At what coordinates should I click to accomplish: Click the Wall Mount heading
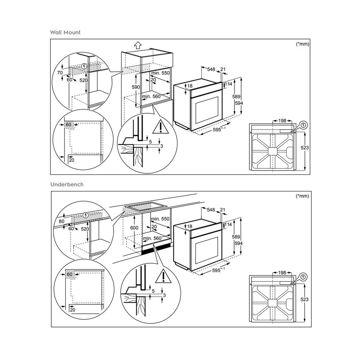pos(65,32)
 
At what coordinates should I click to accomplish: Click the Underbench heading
pos(67,184)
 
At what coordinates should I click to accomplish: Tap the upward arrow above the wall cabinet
pos(137,45)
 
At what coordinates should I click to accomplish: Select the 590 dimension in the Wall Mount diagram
pos(135,87)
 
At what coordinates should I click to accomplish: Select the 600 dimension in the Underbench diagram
pos(135,228)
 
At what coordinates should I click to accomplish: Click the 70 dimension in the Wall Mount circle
pos(60,73)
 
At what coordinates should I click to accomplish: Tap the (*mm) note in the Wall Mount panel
pos(302,44)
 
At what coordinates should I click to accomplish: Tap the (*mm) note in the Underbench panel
pos(302,196)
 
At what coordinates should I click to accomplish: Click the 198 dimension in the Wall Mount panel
pos(282,120)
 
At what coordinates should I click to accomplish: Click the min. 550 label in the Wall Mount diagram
pos(160,73)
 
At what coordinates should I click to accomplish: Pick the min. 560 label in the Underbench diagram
pos(151,238)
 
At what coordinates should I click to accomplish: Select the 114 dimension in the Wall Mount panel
pos(228,84)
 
